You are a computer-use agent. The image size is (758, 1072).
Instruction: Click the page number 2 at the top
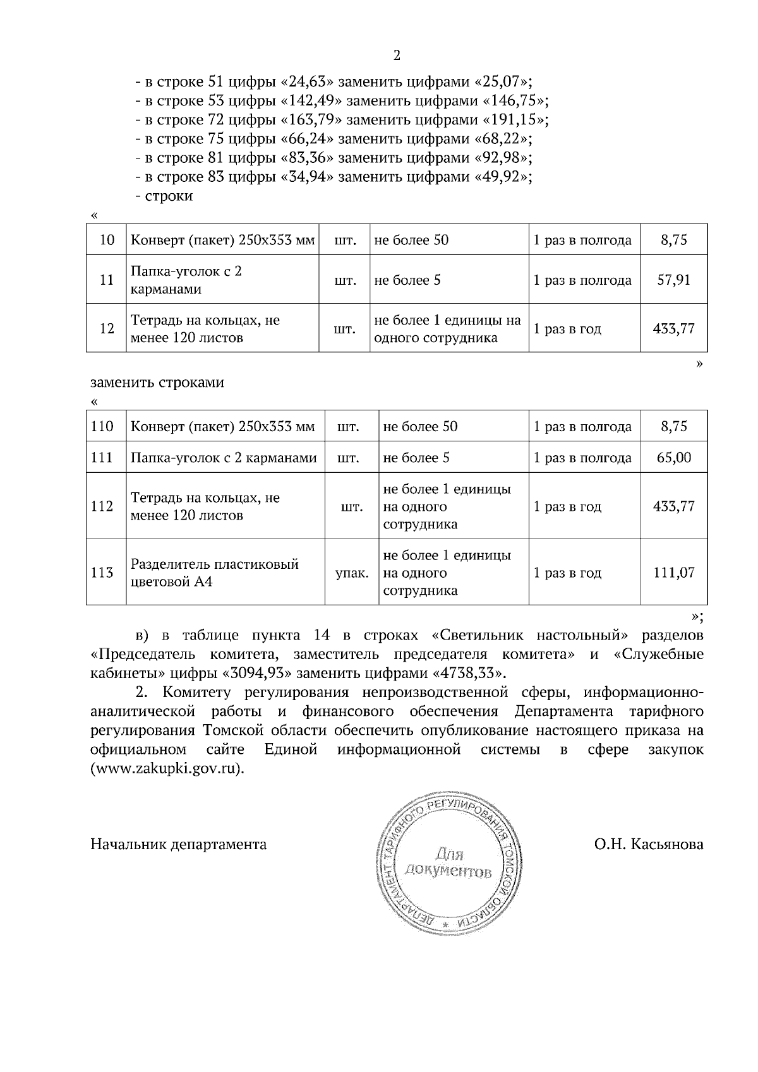tap(396, 56)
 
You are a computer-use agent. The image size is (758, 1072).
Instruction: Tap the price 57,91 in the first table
tap(673, 280)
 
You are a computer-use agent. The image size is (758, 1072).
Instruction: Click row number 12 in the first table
tap(107, 328)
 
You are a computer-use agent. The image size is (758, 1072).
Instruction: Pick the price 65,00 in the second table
tap(673, 457)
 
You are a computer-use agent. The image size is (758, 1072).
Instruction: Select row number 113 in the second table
tap(102, 573)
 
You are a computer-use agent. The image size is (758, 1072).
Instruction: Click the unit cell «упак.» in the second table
tap(351, 573)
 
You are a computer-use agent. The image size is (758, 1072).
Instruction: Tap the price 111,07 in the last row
tap(673, 573)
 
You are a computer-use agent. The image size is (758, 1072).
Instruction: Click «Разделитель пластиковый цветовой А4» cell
tap(215, 573)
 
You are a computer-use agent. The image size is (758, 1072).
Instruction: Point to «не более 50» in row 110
tap(420, 426)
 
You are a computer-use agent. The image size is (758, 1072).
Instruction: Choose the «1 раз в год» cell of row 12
tap(567, 328)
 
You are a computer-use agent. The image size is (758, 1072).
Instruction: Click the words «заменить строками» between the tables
tap(157, 383)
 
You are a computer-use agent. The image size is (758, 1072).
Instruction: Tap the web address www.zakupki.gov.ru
tap(166, 769)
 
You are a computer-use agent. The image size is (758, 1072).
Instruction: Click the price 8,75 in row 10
tap(673, 240)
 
